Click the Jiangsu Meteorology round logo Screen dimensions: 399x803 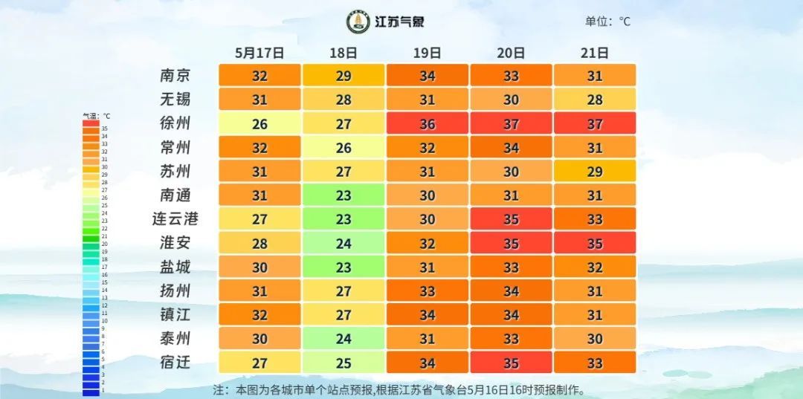tap(358, 22)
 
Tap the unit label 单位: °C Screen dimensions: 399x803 tap(607, 22)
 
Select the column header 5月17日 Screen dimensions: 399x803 tap(259, 53)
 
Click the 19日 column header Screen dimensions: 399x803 tap(427, 53)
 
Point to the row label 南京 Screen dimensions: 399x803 tap(175, 76)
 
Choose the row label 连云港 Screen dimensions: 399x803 tap(175, 219)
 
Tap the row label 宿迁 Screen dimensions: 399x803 tap(175, 363)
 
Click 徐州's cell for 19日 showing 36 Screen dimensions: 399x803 tap(427, 123)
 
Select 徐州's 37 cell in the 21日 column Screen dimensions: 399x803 tap(595, 123)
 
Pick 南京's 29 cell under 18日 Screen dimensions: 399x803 tap(344, 76)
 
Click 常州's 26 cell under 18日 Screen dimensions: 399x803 tap(344, 147)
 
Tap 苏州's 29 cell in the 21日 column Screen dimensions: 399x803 tap(595, 172)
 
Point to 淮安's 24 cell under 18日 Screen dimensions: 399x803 tap(344, 243)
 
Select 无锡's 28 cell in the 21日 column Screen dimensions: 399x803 tap(595, 100)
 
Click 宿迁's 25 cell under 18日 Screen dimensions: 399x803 tap(344, 363)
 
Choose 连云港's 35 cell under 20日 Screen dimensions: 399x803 tap(511, 219)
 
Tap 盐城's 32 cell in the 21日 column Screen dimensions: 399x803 tap(595, 267)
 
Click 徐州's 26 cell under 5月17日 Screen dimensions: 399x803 tap(259, 123)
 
